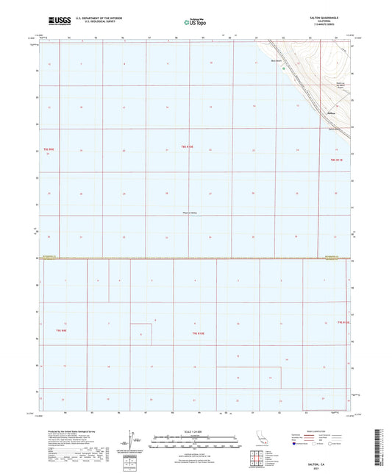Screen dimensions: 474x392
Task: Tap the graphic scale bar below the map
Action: tap(195, 442)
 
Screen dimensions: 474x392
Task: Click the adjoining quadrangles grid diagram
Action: tap(257, 461)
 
